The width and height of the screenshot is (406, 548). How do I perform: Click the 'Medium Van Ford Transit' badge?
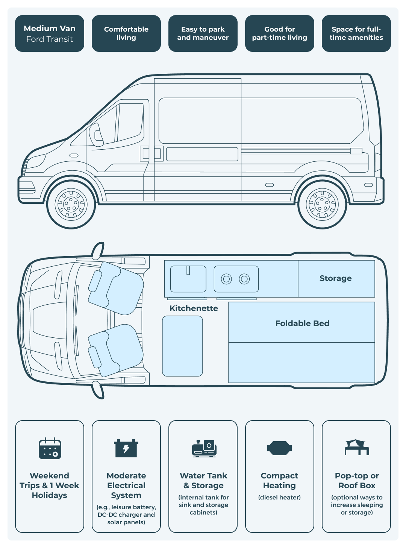coord(50,33)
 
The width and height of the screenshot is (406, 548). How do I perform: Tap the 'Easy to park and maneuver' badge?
coord(203,33)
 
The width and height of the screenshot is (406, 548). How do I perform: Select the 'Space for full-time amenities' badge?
coord(356,33)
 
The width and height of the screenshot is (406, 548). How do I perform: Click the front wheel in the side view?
coord(71,204)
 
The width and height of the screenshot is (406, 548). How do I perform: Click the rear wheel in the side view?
coord(322,204)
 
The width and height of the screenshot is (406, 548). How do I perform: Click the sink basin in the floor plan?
coord(188,279)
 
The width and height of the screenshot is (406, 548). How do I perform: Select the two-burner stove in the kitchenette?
coord(236,279)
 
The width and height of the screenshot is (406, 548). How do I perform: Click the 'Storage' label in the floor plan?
coord(335,278)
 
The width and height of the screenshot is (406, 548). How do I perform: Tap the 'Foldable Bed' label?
coord(302,323)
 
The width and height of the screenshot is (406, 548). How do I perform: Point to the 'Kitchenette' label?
coord(194,308)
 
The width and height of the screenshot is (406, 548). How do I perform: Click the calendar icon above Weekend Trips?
coord(50,448)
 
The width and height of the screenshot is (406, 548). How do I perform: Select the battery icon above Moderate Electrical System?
coord(126,448)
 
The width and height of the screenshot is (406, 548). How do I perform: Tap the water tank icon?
coord(204,448)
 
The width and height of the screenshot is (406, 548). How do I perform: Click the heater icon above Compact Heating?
coord(279,448)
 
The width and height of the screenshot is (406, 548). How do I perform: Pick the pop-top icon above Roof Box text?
coord(357,447)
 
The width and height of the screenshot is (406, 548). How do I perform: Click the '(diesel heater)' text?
coord(279,497)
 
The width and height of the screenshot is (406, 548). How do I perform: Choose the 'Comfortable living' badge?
coord(126,33)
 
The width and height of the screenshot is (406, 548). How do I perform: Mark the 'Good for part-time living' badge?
coord(280,33)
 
